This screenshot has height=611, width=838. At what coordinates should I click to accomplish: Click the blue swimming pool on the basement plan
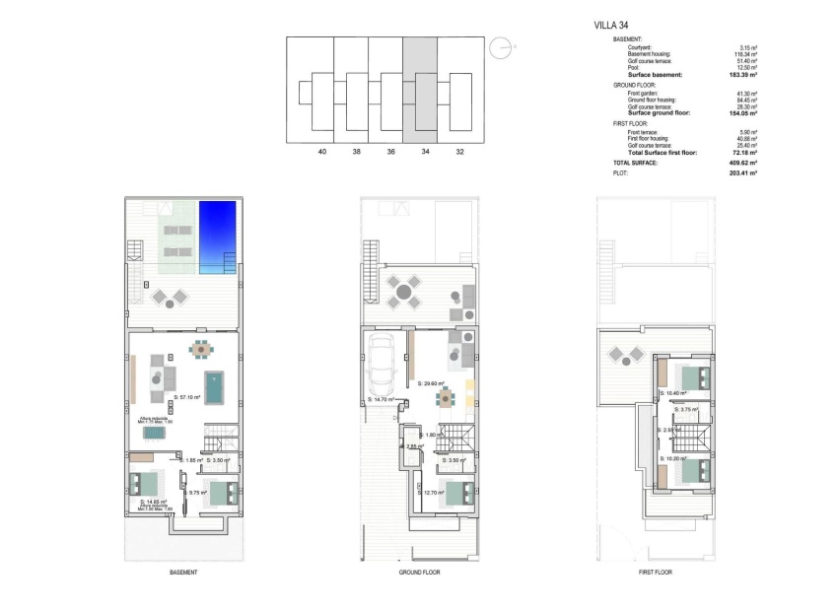click(218, 238)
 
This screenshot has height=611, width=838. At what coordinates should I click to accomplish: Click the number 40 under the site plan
click(322, 153)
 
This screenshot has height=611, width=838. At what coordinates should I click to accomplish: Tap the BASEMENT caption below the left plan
click(183, 573)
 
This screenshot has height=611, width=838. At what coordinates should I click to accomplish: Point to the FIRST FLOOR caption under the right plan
click(656, 573)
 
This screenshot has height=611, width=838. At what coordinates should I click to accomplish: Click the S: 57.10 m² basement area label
click(186, 398)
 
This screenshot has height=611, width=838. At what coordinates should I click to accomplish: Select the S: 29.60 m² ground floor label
click(431, 383)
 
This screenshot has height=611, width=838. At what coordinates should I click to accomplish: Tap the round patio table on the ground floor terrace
click(403, 291)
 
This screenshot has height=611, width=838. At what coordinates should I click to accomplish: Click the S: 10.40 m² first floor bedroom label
click(674, 393)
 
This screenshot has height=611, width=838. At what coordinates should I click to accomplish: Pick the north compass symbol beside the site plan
click(503, 45)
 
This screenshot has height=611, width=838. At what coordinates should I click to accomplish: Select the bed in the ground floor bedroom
click(456, 491)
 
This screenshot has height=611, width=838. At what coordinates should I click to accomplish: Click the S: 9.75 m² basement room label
click(196, 492)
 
